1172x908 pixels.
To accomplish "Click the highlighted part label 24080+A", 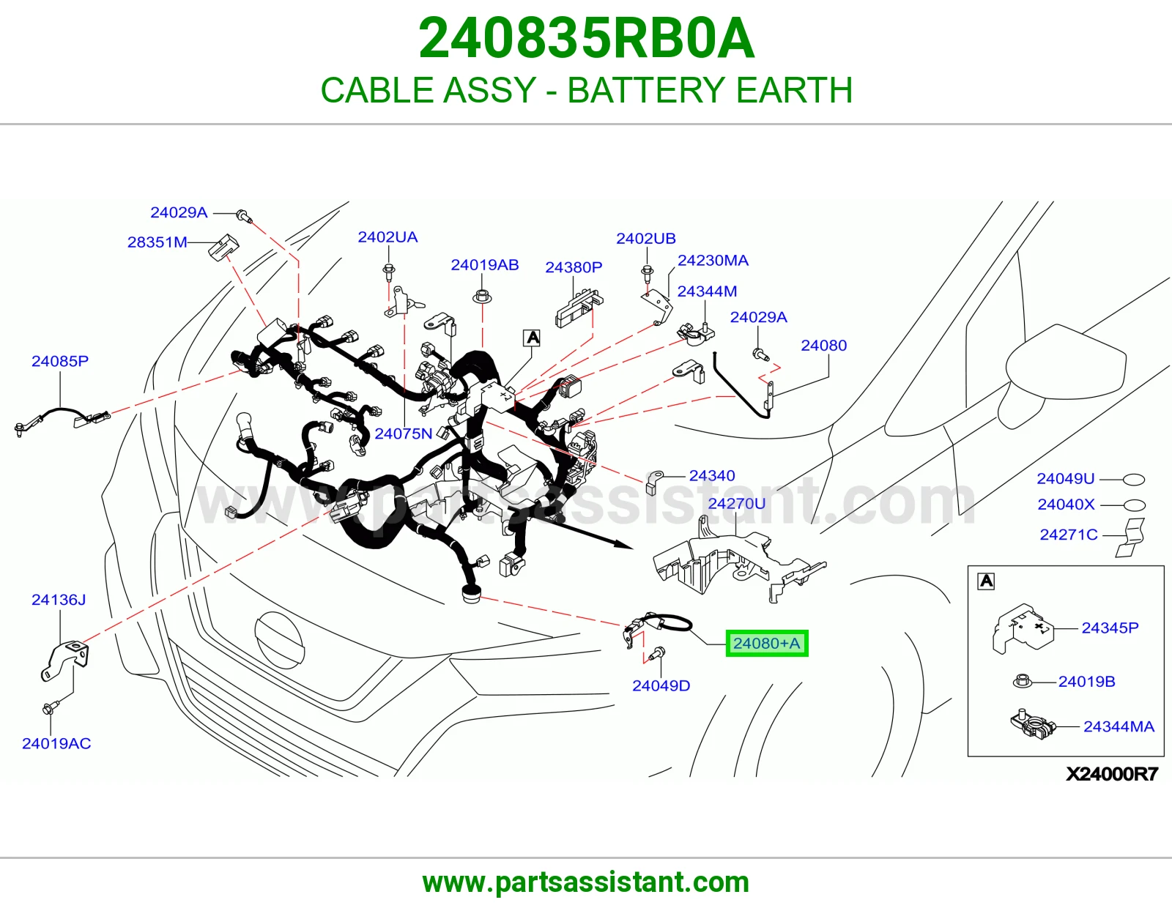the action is tap(766, 643).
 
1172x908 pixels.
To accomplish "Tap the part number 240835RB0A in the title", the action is tap(586, 38).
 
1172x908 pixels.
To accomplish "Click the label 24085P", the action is tap(60, 361).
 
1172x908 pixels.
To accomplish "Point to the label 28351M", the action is tap(157, 242).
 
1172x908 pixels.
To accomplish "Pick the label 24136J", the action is tap(59, 600).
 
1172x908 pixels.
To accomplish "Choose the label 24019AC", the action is tap(56, 743).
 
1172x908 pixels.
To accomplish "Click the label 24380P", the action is tap(574, 267).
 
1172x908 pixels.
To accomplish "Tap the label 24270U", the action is tap(737, 504).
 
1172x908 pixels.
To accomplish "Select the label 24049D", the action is tap(661, 686).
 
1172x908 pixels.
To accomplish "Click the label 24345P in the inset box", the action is tap(1110, 628).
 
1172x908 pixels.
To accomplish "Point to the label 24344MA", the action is tap(1119, 727).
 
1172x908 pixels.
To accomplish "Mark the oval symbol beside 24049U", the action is tap(1134, 480).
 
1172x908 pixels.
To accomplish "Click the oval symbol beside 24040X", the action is tap(1134, 505).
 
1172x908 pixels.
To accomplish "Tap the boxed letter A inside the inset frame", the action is tap(987, 581).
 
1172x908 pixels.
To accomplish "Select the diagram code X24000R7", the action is tap(1112, 774).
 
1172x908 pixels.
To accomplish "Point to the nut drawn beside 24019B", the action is tap(1022, 681).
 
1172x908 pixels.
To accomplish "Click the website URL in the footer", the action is tap(586, 882).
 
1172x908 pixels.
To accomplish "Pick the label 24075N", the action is tap(404, 433).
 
